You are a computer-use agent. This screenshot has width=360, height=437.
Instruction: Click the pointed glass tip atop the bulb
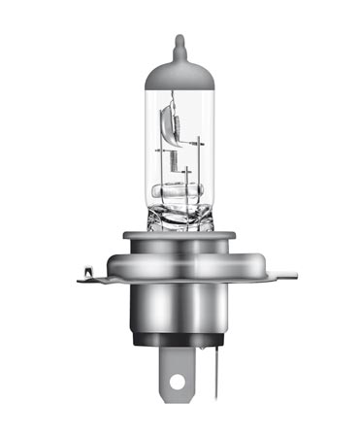click(179, 43)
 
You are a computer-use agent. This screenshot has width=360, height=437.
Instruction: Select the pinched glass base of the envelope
click(180, 219)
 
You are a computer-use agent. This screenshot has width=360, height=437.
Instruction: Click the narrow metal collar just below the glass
click(180, 238)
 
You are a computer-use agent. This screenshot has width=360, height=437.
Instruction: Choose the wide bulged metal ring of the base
click(180, 260)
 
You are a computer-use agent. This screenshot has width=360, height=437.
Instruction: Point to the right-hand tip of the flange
click(291, 278)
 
